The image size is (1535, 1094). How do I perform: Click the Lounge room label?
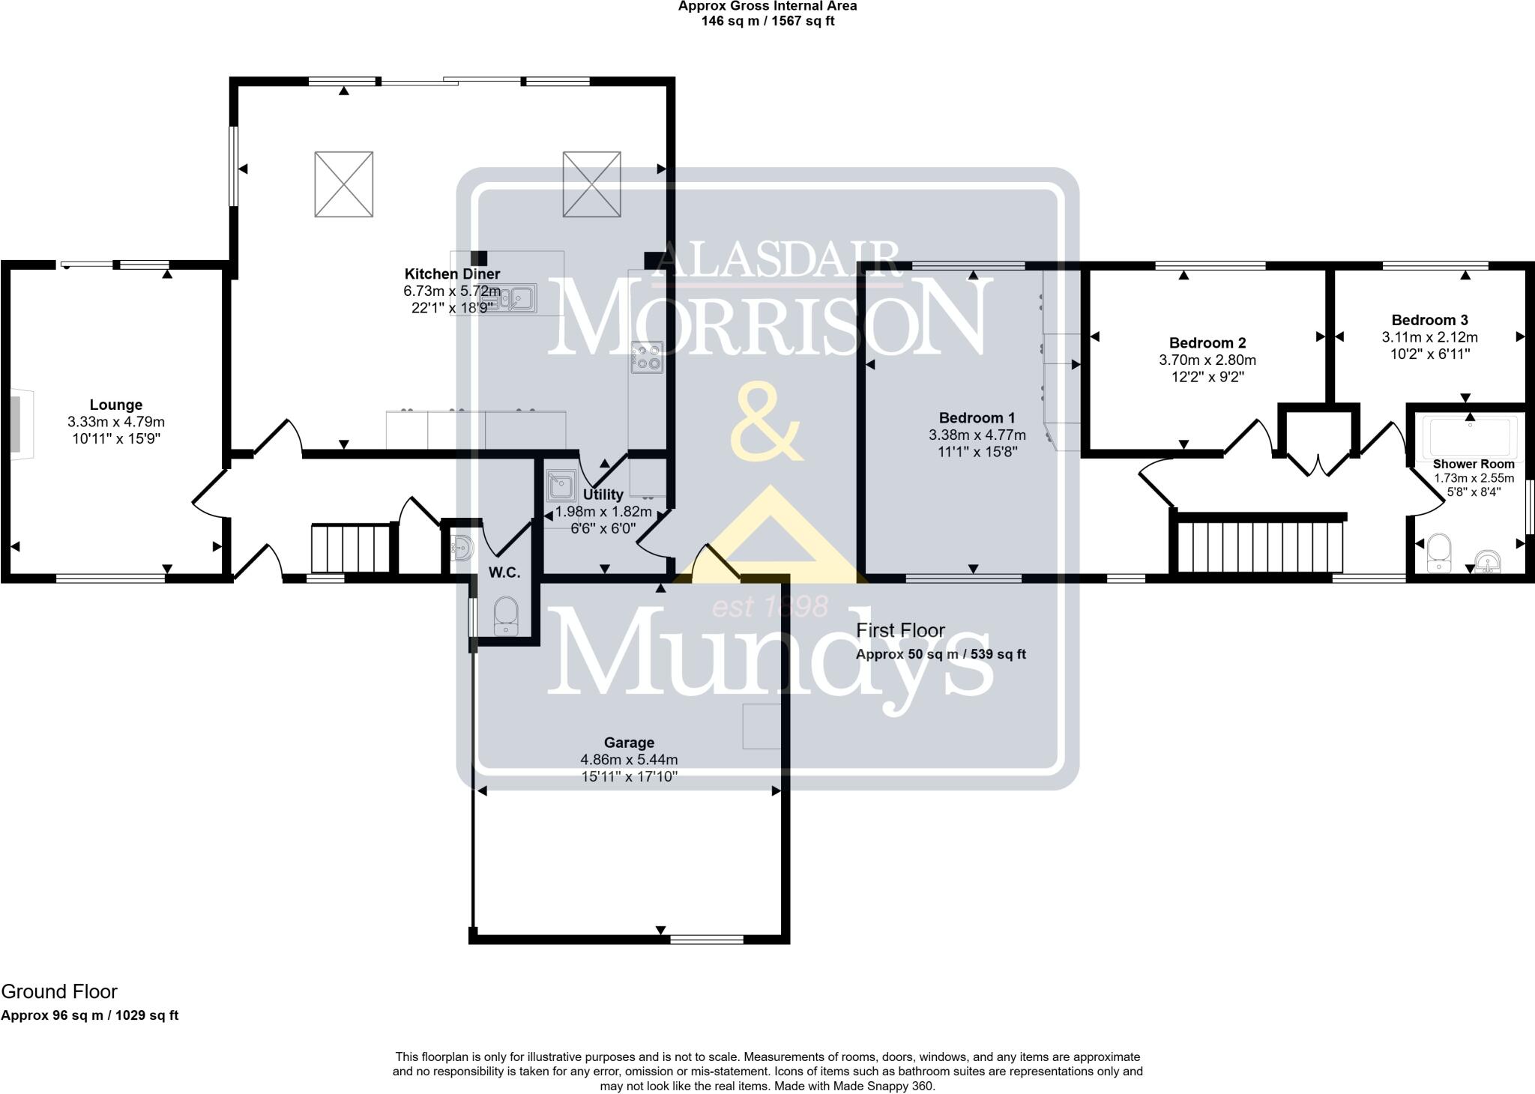(x=116, y=405)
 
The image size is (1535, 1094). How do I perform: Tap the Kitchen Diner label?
(x=452, y=274)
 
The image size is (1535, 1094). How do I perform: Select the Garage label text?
(x=629, y=743)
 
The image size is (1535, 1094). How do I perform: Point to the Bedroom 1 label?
(x=977, y=418)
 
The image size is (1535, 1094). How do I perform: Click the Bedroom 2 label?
(x=1207, y=343)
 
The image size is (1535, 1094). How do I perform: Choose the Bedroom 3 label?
(x=1430, y=320)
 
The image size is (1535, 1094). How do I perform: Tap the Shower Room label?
(x=1474, y=465)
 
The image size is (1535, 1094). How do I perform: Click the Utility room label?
(x=603, y=495)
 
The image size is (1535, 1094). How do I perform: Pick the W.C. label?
(x=504, y=573)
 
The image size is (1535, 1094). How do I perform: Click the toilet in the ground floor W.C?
(x=506, y=616)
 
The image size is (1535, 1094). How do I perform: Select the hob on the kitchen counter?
(x=648, y=357)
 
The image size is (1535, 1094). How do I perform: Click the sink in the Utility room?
(x=561, y=486)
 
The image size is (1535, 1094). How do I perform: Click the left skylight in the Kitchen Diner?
(x=344, y=184)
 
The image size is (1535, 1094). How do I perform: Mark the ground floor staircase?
(x=351, y=549)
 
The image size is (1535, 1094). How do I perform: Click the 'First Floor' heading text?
(x=901, y=630)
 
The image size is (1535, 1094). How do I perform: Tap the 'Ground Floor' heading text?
(x=59, y=991)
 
